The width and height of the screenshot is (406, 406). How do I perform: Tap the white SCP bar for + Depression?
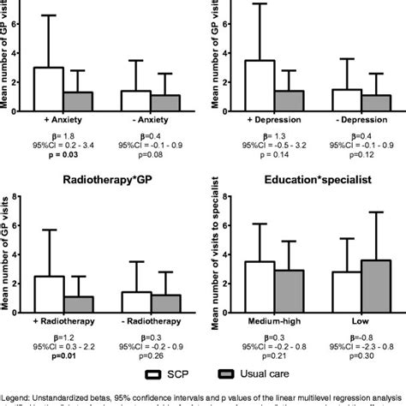pyautogui.click(x=260, y=84)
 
